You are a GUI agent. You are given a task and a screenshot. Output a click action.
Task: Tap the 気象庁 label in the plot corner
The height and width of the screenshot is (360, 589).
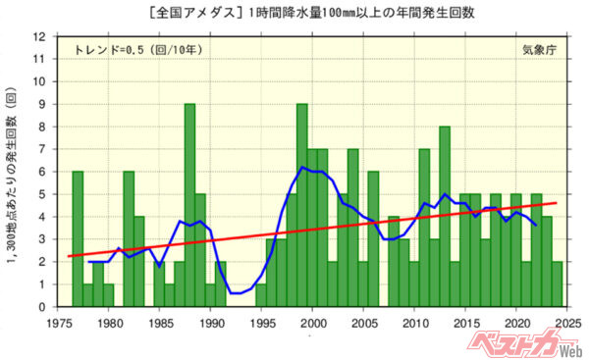click(x=541, y=48)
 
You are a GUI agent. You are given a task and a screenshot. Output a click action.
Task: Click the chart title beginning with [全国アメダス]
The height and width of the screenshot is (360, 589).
click(x=294, y=13)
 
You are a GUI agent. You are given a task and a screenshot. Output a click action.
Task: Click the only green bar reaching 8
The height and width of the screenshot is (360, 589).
click(x=445, y=216)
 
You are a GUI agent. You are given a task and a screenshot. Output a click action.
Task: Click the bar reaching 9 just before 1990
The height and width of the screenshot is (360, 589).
click(x=189, y=205)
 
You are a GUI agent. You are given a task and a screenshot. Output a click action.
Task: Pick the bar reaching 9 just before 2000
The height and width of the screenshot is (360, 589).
click(x=302, y=205)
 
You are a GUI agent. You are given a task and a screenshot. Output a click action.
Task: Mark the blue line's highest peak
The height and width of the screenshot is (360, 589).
click(x=304, y=167)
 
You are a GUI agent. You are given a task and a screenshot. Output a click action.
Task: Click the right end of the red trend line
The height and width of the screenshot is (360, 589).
click(x=557, y=203)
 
